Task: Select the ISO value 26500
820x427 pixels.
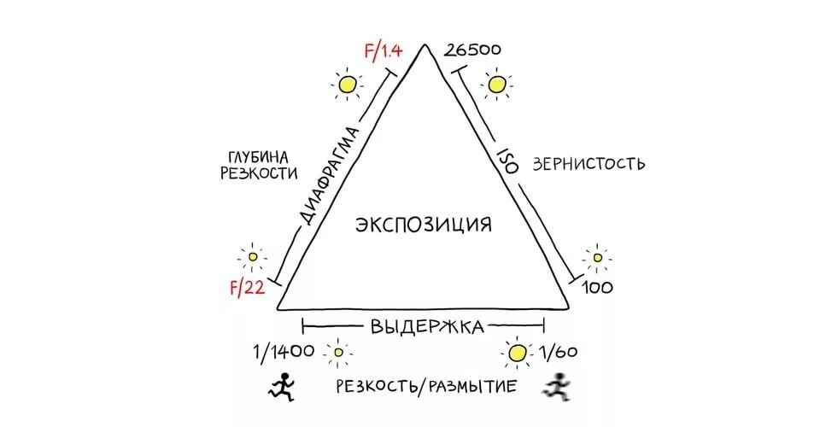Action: (472, 50)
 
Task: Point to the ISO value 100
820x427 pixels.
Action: (597, 288)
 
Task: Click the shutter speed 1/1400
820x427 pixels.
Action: (283, 351)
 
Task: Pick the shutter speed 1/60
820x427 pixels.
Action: (559, 351)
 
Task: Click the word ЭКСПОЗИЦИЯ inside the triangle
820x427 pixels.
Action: (424, 225)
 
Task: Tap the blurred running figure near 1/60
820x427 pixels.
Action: (557, 387)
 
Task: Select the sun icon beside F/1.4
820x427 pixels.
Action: (347, 84)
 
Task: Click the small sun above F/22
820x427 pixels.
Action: (252, 255)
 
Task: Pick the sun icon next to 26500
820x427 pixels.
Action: (496, 84)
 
